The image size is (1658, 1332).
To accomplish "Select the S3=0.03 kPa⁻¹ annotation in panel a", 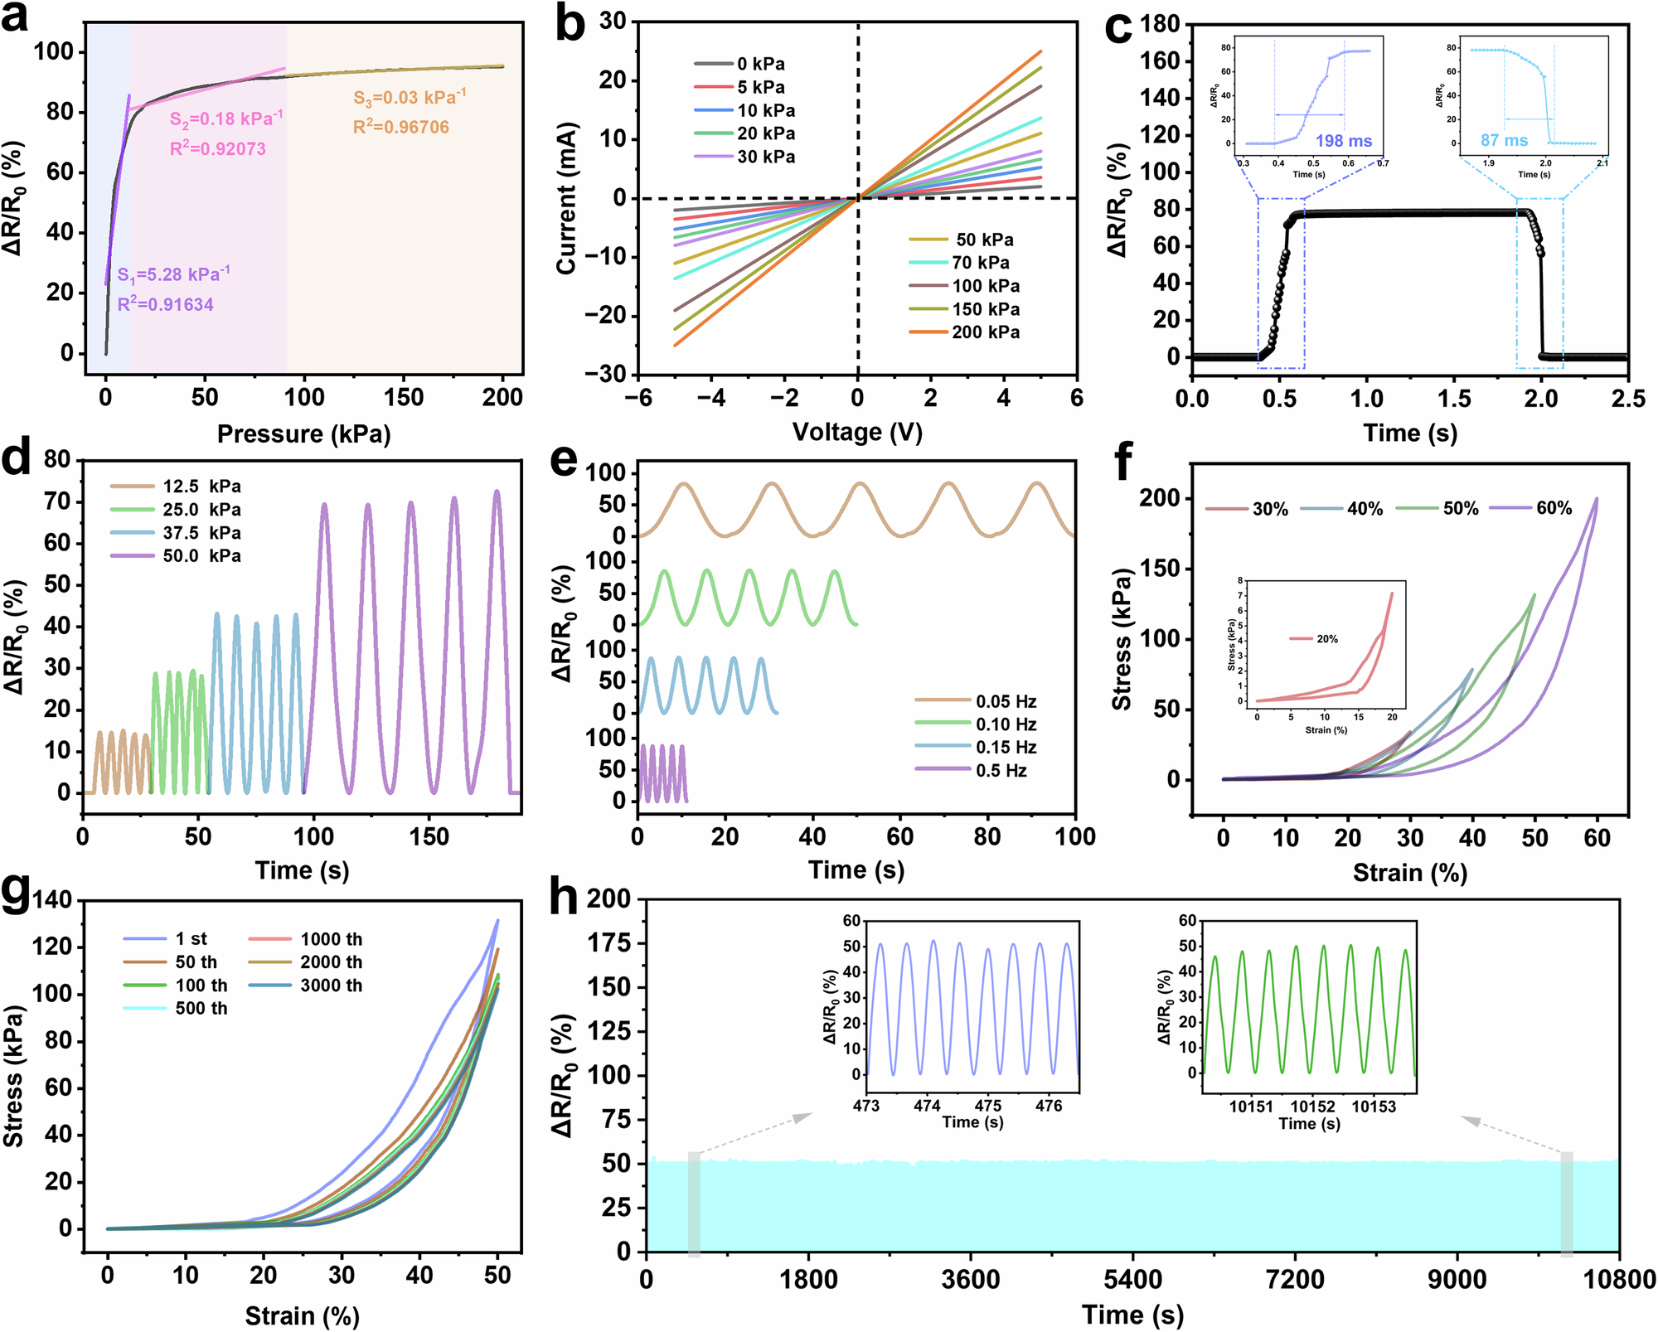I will click(410, 98).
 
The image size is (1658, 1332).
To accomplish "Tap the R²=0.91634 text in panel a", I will click(165, 304).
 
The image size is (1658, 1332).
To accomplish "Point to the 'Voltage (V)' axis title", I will click(857, 432).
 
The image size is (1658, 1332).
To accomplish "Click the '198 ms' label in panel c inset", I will click(1343, 141).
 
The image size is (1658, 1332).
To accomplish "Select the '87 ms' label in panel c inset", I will click(1504, 141).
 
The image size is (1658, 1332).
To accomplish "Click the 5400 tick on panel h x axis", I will click(1132, 1280).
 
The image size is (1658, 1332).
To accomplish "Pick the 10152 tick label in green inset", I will click(1312, 1107).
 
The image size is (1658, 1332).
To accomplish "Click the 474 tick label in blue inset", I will click(927, 1106).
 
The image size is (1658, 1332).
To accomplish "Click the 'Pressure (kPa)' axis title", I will click(303, 434).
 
